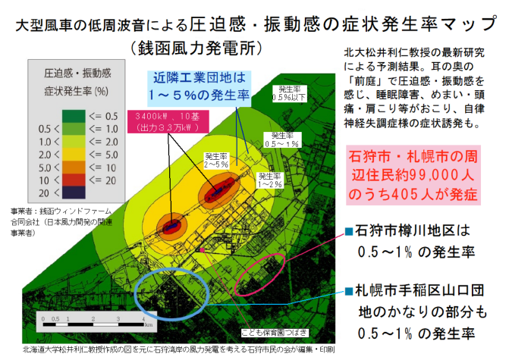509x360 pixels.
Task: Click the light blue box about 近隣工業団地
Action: click(x=200, y=85)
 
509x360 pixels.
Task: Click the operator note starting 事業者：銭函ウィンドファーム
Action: click(x=57, y=222)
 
